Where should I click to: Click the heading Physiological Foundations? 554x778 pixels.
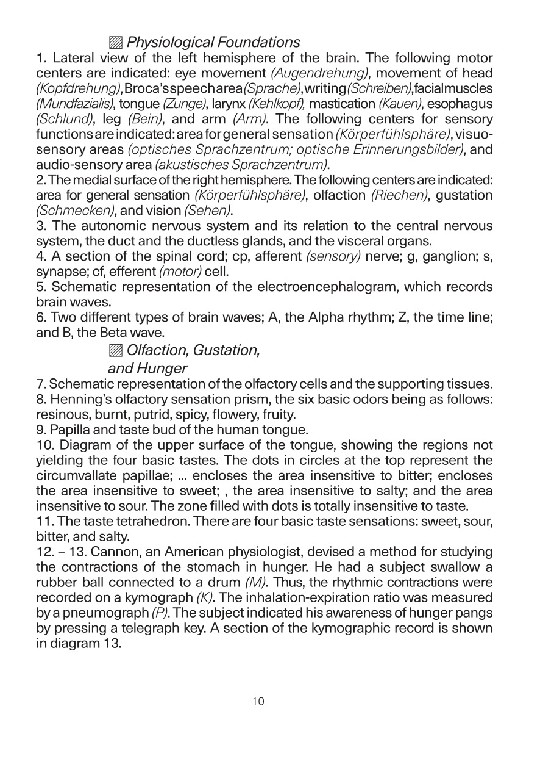click(213, 43)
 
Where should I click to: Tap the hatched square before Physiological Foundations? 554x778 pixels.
click(115, 43)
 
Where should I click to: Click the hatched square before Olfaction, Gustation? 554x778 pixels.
click(115, 351)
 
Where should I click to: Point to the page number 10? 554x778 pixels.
click(258, 702)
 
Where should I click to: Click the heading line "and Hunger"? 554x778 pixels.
click(147, 369)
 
